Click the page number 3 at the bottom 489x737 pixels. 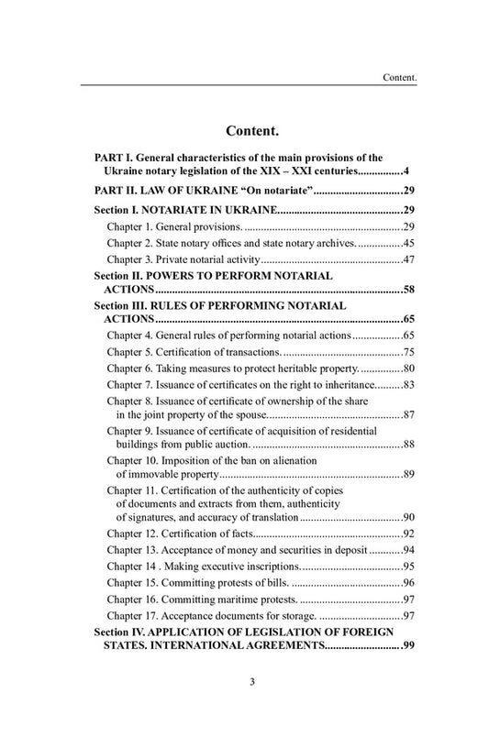click(x=244, y=706)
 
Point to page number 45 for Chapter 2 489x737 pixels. click(x=396, y=243)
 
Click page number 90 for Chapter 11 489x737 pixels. click(x=396, y=517)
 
